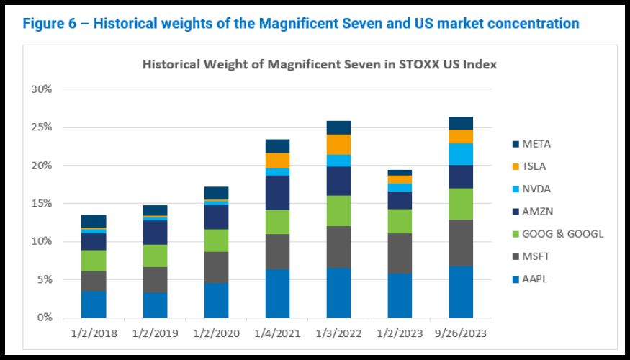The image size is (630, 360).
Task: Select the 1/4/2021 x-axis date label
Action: tap(276, 334)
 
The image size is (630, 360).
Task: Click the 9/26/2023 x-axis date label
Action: tap(460, 334)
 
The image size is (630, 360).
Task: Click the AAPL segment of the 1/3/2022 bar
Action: tap(338, 292)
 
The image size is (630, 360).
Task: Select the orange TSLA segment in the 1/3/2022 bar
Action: tap(338, 145)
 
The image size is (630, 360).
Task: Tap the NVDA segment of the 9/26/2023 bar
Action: tap(461, 154)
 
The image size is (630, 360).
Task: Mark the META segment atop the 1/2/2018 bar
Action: tap(94, 221)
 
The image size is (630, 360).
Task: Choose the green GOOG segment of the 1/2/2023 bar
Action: tap(400, 221)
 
